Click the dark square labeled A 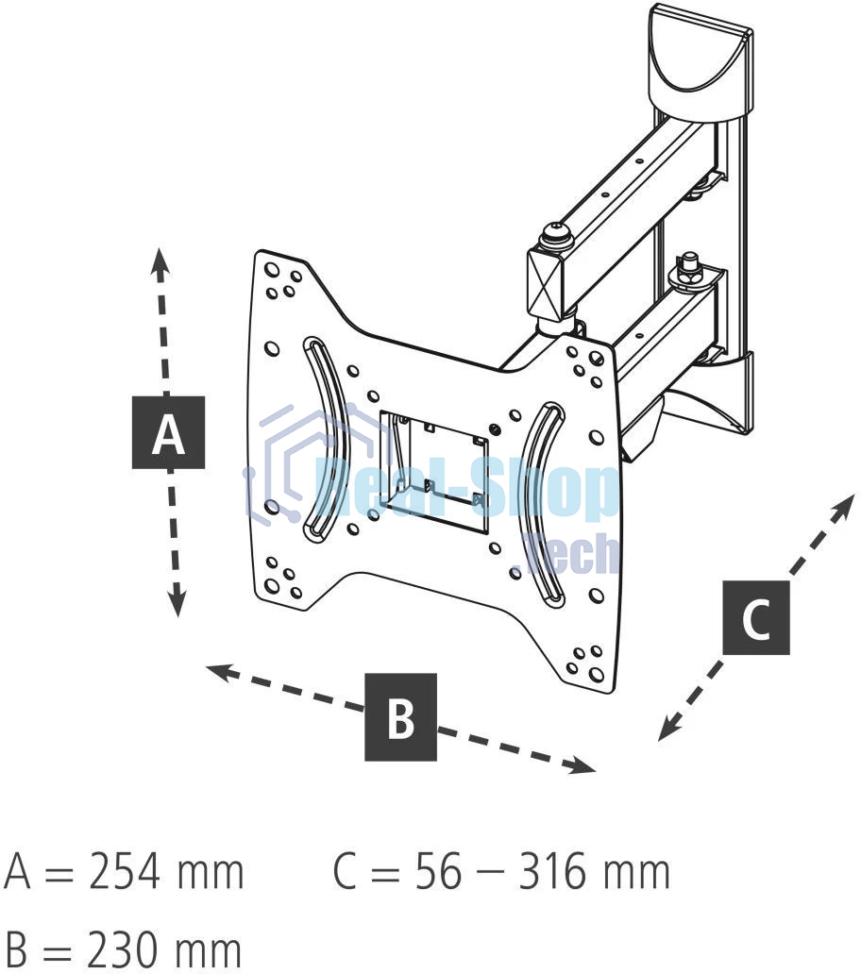coord(168,433)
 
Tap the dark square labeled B coord(400,716)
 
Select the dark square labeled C coord(756,618)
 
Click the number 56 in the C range coord(438,873)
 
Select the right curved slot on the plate coord(542,503)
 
